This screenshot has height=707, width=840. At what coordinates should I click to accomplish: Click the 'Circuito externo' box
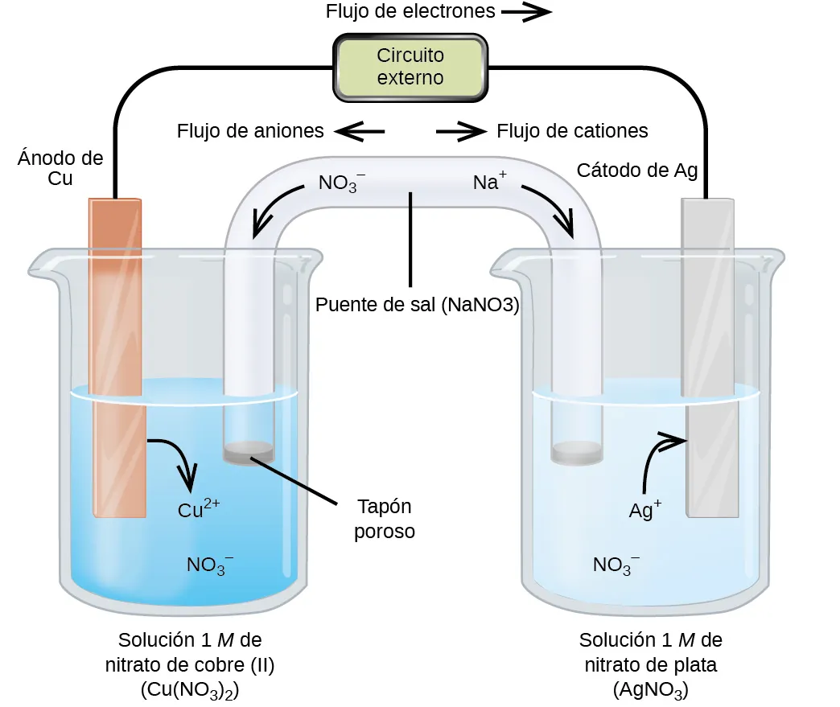[x=410, y=67]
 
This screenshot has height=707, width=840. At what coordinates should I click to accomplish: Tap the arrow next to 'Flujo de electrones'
[x=527, y=12]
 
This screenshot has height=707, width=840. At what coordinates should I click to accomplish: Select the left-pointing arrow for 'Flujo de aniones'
[x=359, y=131]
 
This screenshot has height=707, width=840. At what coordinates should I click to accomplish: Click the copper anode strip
[x=117, y=354]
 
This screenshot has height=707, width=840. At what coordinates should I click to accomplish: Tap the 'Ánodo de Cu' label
[x=60, y=168]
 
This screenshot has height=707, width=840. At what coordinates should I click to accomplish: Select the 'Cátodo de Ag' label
[x=636, y=171]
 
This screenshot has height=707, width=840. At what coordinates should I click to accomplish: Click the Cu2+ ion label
[x=198, y=509]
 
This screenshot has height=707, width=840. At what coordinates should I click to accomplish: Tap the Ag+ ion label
[x=644, y=509]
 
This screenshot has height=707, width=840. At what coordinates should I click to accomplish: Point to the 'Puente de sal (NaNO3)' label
[x=417, y=306]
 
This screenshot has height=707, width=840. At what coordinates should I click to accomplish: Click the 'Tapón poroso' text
[x=385, y=519]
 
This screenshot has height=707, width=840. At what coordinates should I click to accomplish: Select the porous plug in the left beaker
[x=249, y=454]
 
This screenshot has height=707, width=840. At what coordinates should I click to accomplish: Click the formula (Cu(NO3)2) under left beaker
[x=190, y=690]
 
